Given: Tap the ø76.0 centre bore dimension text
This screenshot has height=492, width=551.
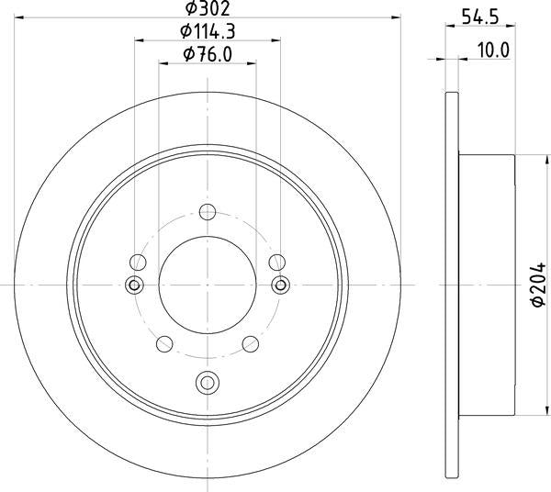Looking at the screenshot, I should (208, 55).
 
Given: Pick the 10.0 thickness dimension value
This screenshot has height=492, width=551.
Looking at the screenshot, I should (493, 50).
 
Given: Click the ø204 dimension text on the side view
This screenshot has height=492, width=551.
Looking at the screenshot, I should (539, 287).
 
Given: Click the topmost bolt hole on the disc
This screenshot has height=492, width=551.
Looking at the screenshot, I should (208, 215).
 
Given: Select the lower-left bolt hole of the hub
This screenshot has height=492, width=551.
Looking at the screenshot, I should (165, 344).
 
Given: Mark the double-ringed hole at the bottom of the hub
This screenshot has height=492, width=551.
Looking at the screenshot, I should (208, 381).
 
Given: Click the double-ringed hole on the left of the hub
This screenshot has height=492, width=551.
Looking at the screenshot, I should (135, 285).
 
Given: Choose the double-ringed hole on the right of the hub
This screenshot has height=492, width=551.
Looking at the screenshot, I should (281, 285).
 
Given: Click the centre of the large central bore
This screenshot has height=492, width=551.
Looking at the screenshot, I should (208, 285).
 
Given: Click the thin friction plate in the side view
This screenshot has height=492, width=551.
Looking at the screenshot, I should (450, 286).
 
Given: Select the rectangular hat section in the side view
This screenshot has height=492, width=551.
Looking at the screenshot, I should (487, 286).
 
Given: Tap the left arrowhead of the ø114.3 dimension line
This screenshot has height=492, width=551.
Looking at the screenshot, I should (140, 39).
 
